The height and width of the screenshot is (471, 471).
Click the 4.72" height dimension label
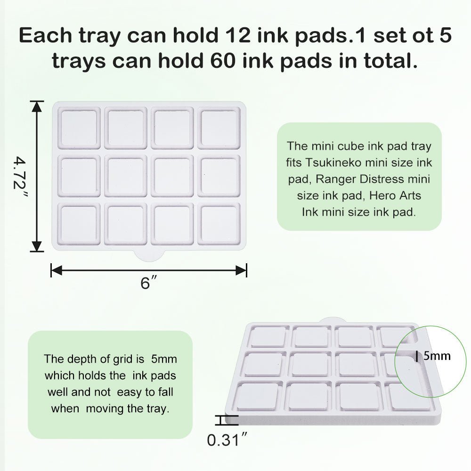coord(20,176)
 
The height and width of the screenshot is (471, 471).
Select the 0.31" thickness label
coord(227,440)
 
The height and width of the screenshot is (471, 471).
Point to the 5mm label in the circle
coord(437,356)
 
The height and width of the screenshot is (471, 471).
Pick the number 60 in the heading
coord(223,61)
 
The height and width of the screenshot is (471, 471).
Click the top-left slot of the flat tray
coord(79,128)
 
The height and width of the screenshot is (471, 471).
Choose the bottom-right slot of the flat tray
coord(219,223)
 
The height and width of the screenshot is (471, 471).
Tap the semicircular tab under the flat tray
coord(149,256)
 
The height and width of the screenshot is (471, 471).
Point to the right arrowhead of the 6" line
coord(241,270)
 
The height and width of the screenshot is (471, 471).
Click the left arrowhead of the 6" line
coord(57,270)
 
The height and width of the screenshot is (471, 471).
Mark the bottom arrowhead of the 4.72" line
coord(37,246)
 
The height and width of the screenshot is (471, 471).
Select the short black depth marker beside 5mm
coord(417,356)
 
